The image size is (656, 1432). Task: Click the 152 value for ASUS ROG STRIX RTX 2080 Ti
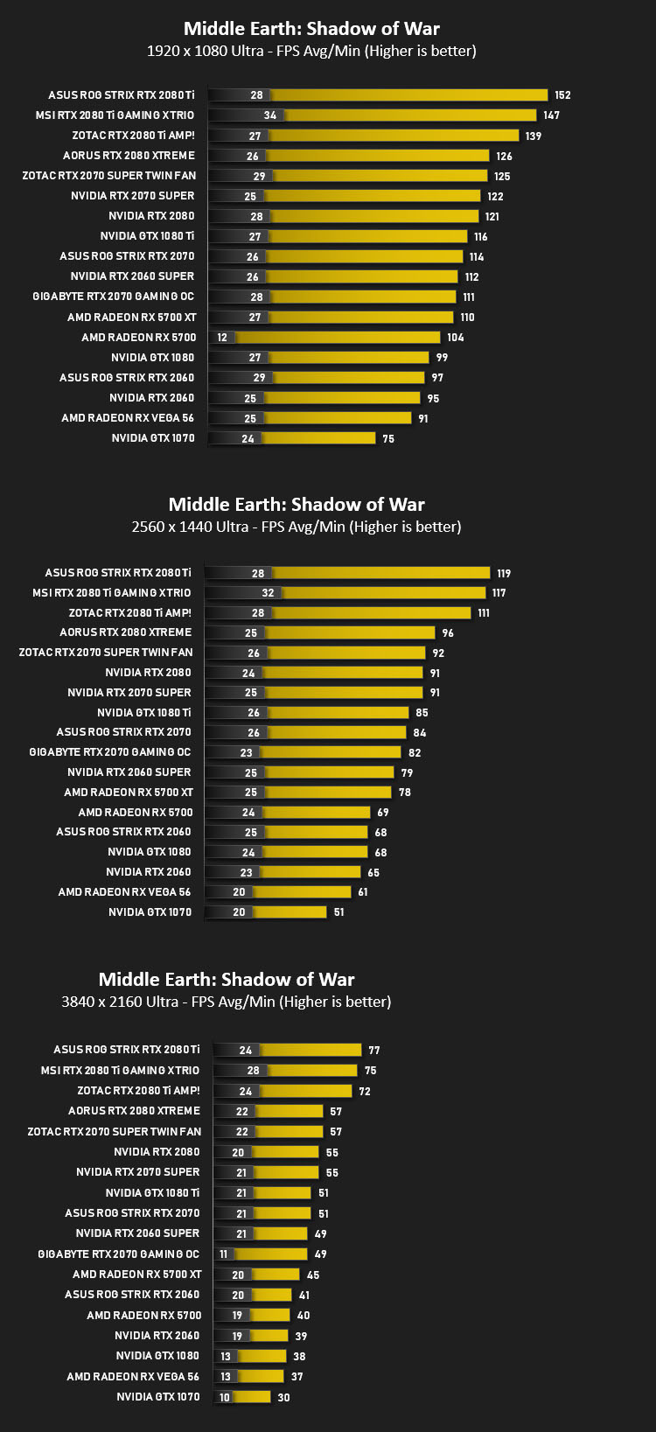point(562,95)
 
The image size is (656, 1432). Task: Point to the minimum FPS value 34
point(269,115)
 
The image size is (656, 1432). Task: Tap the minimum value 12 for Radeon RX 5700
point(222,338)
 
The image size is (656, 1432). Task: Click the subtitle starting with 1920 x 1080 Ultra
point(311,51)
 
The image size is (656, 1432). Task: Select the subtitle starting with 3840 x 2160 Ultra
point(226,1002)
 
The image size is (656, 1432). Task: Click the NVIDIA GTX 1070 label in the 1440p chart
point(150,912)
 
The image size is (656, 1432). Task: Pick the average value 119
point(504,574)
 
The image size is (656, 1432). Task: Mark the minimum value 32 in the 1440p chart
point(268,593)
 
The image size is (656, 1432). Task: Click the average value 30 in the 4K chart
point(284,1398)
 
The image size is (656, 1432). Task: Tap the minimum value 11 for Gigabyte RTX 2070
point(224,1254)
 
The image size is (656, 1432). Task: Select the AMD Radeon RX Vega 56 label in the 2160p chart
point(133,1376)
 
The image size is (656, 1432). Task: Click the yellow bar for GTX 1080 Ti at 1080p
point(367,236)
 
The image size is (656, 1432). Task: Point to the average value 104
point(455,338)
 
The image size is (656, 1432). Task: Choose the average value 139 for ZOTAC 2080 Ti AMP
point(534,136)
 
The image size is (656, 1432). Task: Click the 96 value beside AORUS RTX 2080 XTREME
point(448,632)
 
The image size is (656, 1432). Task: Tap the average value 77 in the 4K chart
point(374,1051)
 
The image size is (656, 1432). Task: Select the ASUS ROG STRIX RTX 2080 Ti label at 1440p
point(118,573)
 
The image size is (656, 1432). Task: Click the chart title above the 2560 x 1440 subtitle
point(296,505)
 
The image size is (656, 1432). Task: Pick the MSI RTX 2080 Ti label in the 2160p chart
point(120,1070)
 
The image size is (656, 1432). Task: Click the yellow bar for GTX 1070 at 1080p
point(318,438)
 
